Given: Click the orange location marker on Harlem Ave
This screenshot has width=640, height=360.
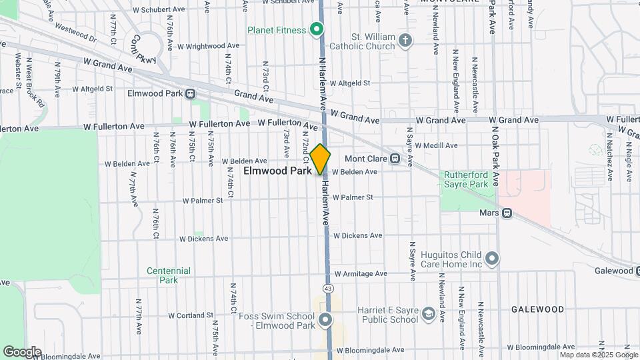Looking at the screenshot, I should coord(321,159).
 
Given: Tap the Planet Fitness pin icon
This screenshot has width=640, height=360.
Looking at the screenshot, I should coord(317,29).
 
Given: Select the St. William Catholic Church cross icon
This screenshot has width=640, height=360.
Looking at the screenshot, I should coord(405,41).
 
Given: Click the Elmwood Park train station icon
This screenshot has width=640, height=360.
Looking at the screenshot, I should coord(191,94).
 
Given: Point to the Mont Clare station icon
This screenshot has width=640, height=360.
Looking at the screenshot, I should coord(395,159).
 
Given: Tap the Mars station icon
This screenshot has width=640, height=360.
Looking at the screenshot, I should coord(507,213).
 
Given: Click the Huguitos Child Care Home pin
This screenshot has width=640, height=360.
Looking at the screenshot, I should coord(493,258).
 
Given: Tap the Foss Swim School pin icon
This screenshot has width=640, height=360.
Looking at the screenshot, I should coord(325,321).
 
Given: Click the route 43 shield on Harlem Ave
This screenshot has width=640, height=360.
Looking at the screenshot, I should coord(327,288).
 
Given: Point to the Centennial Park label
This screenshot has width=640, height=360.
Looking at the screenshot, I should coord(169,275).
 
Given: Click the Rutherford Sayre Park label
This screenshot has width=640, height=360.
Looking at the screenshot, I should coord(467,179).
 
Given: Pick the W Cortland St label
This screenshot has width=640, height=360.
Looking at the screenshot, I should coord(190,315).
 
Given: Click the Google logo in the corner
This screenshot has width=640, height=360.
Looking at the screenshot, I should coord(22,351).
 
